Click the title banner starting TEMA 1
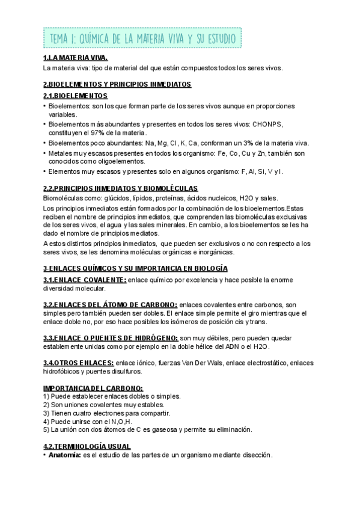coord(143,39)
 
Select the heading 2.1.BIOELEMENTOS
coord(75,96)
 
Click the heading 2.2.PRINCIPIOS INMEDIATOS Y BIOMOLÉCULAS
coord(121,189)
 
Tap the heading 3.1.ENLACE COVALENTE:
coord(85,280)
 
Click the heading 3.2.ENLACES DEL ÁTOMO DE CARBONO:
coord(110,305)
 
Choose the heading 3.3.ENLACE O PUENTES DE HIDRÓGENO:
coord(111,338)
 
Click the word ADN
coord(230,347)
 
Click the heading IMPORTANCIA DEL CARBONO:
coord(93,389)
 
